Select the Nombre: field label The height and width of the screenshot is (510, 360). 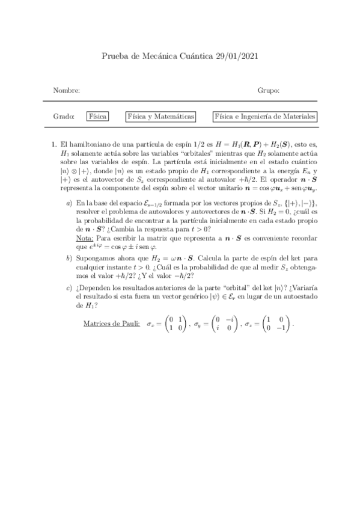click(66, 90)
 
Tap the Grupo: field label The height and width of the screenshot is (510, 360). click(268, 90)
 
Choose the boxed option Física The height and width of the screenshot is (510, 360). click(97, 116)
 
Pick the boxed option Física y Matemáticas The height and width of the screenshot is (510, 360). click(160, 116)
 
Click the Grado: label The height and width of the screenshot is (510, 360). click(64, 116)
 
